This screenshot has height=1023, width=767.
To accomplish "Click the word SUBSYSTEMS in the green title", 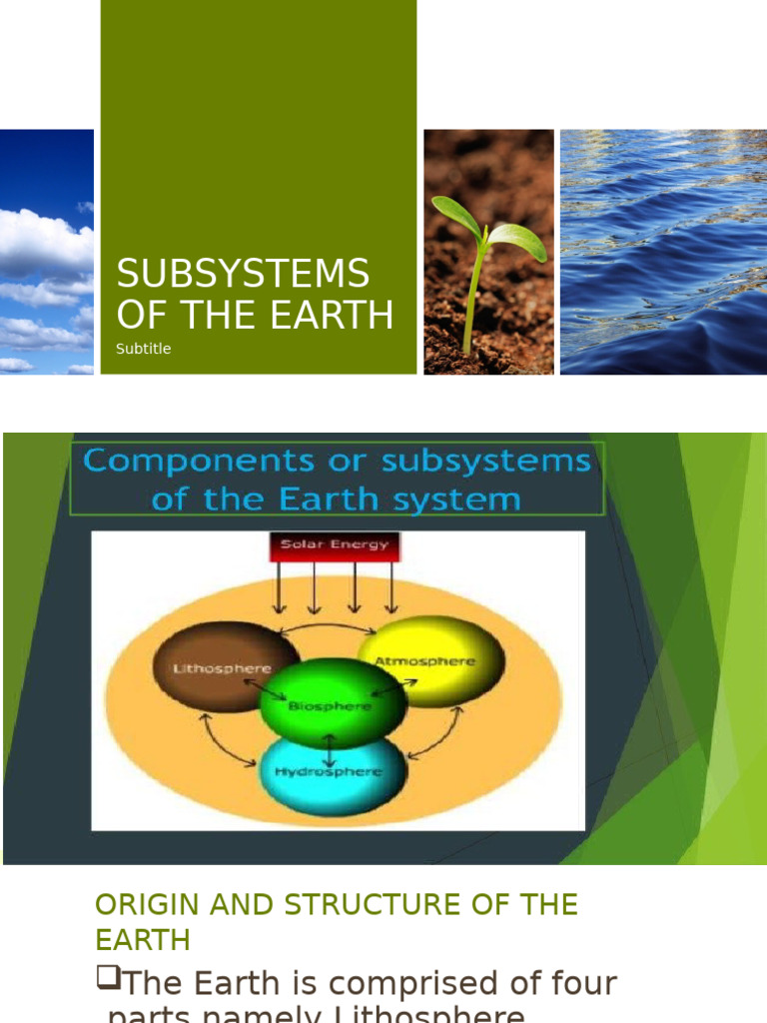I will click(x=243, y=274).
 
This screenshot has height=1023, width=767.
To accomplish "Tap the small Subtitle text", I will click(x=143, y=349).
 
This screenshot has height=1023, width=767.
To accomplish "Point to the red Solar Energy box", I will click(x=335, y=545).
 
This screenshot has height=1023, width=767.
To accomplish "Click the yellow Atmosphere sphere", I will click(x=430, y=660).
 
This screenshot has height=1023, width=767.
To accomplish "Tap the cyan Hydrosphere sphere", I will click(x=334, y=773).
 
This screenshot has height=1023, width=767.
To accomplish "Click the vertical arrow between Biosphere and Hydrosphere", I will click(x=330, y=741).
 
